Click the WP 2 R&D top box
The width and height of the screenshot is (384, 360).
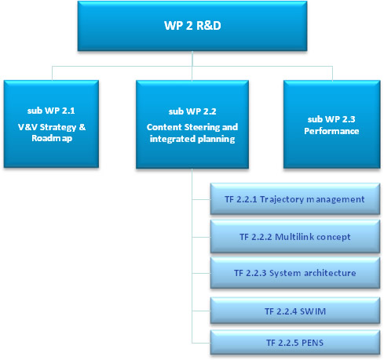(192, 26)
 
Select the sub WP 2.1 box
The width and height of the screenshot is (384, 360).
(51, 124)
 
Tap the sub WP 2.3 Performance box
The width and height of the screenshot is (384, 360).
(331, 124)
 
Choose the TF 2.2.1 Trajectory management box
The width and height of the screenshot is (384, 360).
(295, 199)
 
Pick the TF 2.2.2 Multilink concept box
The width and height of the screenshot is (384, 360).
(295, 237)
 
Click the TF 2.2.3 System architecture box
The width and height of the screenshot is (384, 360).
(295, 273)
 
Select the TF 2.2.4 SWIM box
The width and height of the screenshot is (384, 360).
(295, 311)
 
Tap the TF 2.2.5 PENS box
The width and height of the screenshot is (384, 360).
(295, 343)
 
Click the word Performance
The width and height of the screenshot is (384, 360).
(331, 131)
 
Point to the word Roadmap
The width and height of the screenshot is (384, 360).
(52, 138)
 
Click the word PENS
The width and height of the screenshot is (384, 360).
(313, 343)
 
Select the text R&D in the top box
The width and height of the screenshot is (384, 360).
(209, 26)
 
